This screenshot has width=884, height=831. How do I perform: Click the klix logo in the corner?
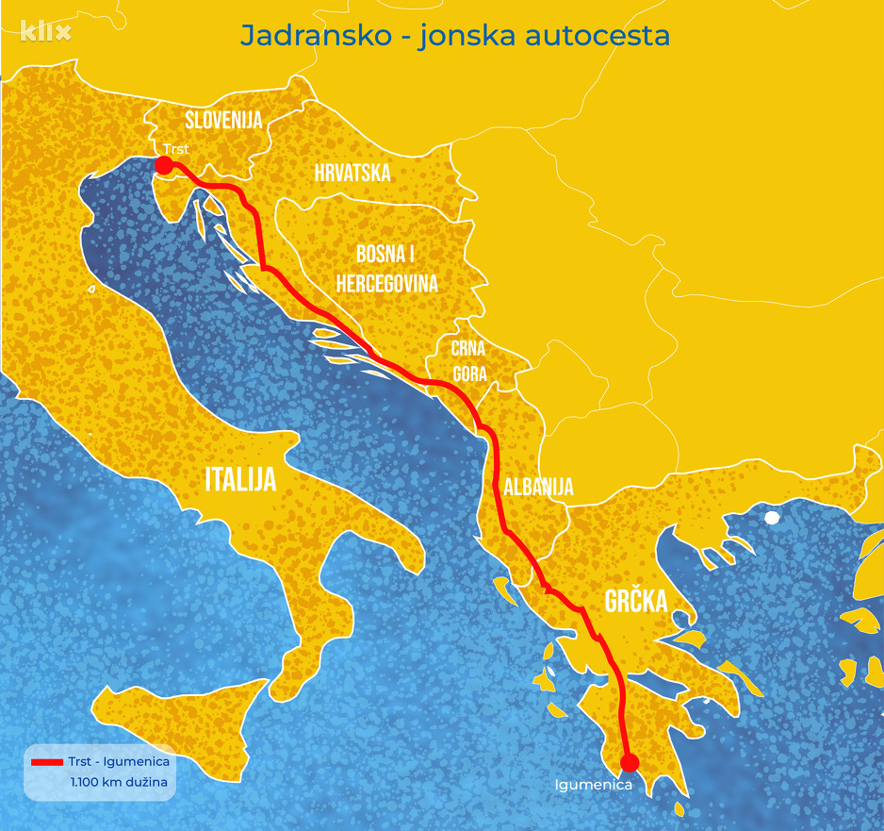tap(45, 32)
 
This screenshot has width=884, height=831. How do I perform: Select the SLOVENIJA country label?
tap(223, 120)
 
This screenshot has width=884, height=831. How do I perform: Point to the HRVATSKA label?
tap(352, 173)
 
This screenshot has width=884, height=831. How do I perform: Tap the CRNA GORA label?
tap(468, 361)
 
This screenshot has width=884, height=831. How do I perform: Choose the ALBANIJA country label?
tap(538, 488)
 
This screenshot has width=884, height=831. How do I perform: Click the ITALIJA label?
tap(241, 480)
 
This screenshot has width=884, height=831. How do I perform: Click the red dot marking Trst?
tap(163, 166)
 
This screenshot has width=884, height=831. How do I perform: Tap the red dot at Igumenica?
tap(630, 762)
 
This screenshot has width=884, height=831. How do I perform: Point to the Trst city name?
tap(175, 149)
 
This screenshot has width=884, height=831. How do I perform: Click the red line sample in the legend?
tap(46, 761)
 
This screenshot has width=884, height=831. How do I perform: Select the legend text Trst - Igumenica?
tap(119, 761)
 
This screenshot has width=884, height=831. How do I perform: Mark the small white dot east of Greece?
tap(772, 517)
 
